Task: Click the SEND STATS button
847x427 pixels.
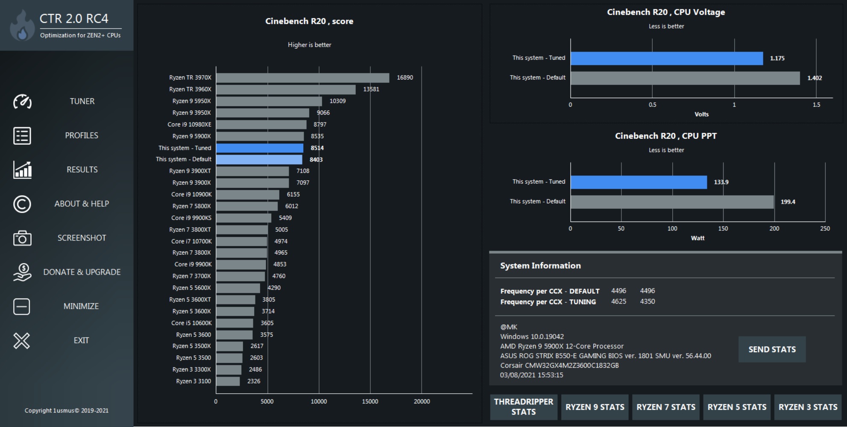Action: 772,349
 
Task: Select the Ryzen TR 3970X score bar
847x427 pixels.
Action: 302,78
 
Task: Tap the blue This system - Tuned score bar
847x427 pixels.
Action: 260,148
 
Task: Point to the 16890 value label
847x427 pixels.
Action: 404,78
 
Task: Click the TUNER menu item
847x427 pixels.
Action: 82,101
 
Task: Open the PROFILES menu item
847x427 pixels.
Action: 82,135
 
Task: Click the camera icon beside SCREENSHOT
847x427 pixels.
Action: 22,238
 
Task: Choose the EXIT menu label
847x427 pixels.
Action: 81,340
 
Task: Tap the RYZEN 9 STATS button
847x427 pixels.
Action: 595,407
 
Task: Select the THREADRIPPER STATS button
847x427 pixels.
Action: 523,407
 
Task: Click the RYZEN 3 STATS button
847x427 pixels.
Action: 808,407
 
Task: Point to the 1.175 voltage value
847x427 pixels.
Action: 777,58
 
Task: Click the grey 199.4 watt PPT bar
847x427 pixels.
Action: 672,202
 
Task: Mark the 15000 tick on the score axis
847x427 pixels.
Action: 370,401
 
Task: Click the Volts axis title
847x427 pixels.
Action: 701,114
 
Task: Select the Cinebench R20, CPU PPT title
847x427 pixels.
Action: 665,136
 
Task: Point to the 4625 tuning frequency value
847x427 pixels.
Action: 618,301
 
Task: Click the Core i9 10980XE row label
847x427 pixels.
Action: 189,125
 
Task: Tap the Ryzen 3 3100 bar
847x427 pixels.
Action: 228,381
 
